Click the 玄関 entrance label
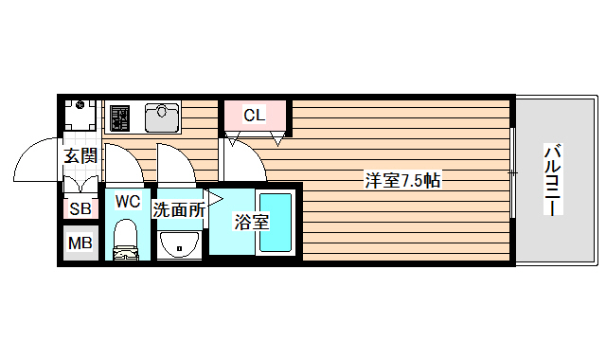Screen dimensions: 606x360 (x=80, y=156)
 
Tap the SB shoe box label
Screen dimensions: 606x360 (x=80, y=209)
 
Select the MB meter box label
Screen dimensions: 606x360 (x=80, y=243)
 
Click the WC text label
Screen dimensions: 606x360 (x=128, y=201)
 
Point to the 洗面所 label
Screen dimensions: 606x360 (x=178, y=210)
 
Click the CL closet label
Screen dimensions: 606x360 (x=254, y=116)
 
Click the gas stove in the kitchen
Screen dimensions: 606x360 (x=119, y=118)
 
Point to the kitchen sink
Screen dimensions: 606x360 (x=162, y=118)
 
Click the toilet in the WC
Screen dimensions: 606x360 (x=126, y=241)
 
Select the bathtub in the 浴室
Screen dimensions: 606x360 (x=276, y=223)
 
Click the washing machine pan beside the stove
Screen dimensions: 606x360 (x=80, y=117)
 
